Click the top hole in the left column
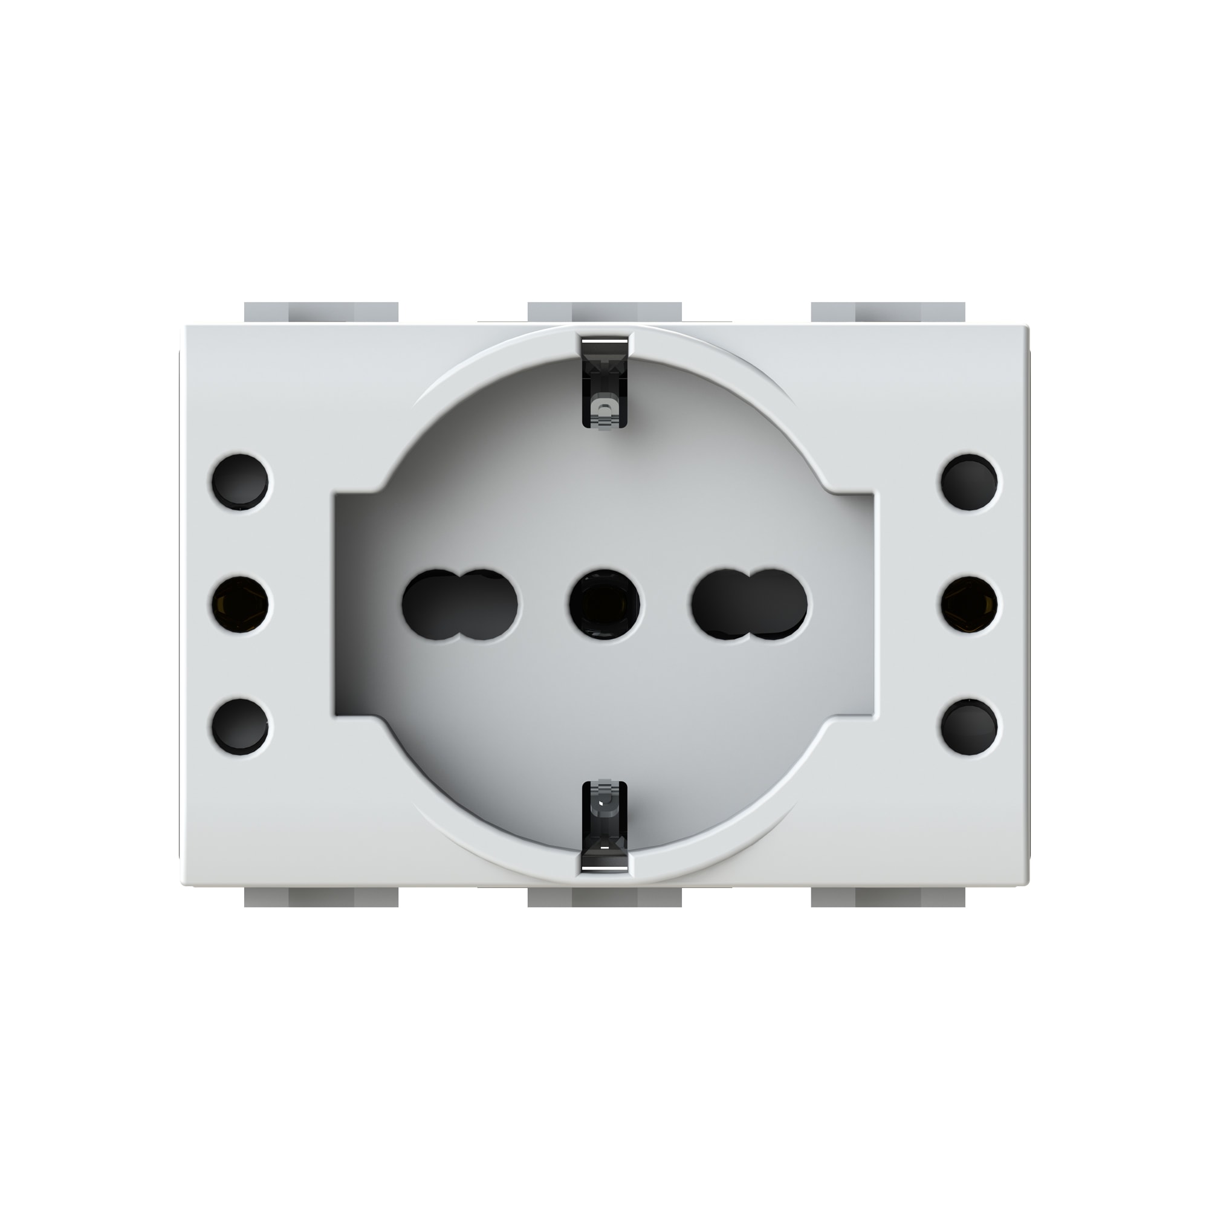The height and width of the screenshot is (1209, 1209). (241, 482)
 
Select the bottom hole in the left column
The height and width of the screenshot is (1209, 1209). (241, 727)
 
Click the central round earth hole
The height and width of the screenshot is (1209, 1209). (604, 604)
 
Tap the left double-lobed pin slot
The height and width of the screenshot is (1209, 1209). (460, 604)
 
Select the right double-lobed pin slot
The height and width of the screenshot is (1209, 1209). (749, 604)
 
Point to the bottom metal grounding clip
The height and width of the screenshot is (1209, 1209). (604, 826)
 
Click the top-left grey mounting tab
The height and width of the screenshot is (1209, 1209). (321, 313)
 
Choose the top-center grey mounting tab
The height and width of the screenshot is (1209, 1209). (604, 313)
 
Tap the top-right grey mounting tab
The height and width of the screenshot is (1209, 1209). (888, 313)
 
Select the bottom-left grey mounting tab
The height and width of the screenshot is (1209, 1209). (321, 897)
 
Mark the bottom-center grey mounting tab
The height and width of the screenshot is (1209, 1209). (604, 897)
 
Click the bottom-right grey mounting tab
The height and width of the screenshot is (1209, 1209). (888, 897)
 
